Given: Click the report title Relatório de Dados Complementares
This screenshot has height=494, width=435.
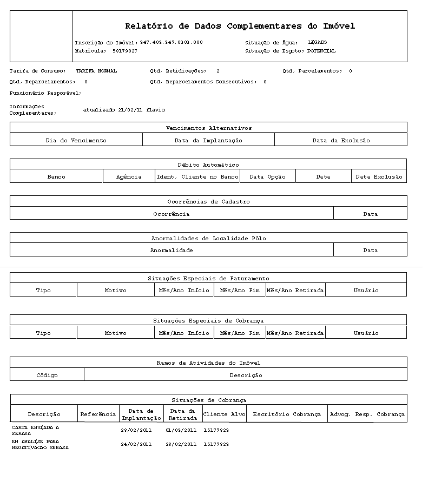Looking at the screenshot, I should (x=240, y=26).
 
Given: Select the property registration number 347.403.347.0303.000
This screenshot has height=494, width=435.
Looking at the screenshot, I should (x=171, y=42).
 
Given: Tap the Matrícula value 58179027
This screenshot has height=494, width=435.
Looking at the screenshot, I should (x=125, y=51).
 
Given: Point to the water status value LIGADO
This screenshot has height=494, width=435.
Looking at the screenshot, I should (x=317, y=42).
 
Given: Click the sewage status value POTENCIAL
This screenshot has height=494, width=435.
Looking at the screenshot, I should (x=321, y=51).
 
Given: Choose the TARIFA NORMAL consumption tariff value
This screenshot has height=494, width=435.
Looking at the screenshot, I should (x=96, y=71).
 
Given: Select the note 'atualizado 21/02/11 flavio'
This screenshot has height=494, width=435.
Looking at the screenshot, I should (x=124, y=110).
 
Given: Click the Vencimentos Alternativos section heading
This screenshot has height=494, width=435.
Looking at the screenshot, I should (x=208, y=128).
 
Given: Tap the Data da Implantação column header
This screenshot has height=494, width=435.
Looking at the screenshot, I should (x=208, y=140).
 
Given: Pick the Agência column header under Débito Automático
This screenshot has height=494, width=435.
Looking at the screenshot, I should (x=129, y=177).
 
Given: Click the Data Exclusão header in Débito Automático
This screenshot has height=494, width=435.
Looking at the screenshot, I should (x=379, y=177).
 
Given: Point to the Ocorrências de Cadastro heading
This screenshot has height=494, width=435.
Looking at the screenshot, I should (x=208, y=201).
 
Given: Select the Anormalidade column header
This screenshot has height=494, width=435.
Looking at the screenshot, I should (x=172, y=251).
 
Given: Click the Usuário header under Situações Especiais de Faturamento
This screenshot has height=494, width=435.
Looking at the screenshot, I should (x=366, y=291).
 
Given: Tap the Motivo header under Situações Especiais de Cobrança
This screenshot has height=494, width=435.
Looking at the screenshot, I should (x=115, y=333).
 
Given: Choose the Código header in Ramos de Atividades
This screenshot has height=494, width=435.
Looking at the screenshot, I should (x=47, y=376).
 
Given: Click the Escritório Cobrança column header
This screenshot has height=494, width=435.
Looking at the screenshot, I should (x=287, y=414).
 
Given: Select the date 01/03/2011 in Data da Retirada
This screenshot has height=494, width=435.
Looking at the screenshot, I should (x=181, y=430).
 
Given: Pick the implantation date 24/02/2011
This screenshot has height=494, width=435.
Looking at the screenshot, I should (x=136, y=444).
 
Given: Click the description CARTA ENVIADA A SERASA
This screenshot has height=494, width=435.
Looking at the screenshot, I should (x=35, y=430).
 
